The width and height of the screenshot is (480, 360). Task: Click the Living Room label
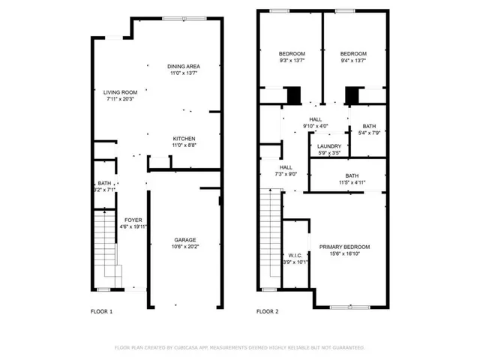click(x=120, y=91)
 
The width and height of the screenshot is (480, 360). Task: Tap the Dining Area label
click(x=183, y=67)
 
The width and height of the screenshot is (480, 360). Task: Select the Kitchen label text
click(x=184, y=139)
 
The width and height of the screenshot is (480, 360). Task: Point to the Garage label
click(x=185, y=240)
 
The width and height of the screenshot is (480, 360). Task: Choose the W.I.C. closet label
click(x=295, y=255)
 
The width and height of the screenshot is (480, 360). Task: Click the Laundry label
click(x=329, y=146)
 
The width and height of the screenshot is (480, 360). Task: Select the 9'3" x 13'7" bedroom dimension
click(x=292, y=61)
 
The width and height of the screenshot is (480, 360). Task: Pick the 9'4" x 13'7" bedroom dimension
click(x=353, y=61)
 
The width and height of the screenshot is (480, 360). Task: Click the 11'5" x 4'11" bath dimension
click(x=346, y=181)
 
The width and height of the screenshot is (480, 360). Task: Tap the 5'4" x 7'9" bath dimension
click(x=369, y=133)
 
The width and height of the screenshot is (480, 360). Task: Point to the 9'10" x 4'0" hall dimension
click(x=315, y=126)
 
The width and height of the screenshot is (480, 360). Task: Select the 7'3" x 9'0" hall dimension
click(x=286, y=174)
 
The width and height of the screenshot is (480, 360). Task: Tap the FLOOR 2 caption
click(x=268, y=311)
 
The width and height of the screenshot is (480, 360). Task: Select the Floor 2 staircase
click(x=270, y=240)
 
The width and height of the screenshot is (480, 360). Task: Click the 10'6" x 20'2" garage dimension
click(x=185, y=247)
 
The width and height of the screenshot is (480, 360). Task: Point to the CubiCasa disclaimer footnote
click(x=239, y=347)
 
